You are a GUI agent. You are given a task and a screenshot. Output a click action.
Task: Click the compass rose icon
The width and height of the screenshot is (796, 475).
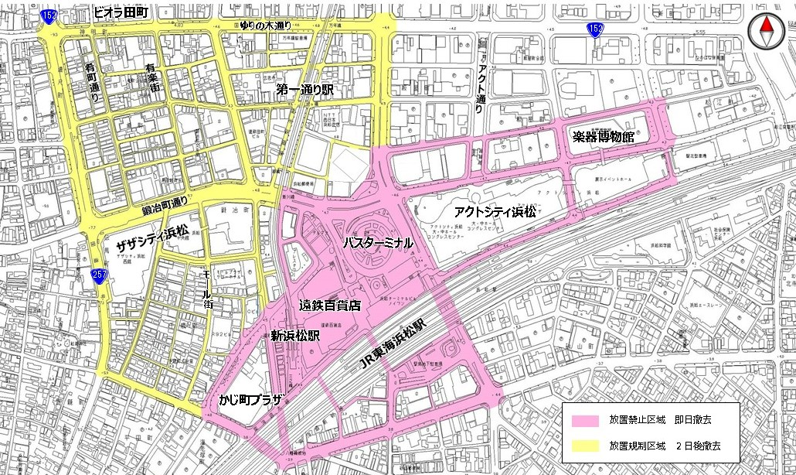click(x=766, y=30)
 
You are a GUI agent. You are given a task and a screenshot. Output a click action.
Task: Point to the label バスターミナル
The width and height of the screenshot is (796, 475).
click(x=376, y=243)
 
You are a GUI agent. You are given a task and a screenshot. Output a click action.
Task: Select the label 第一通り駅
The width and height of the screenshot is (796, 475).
click(x=304, y=91)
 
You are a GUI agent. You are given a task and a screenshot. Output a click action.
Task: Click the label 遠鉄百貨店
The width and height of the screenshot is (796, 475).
click(x=330, y=306)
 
